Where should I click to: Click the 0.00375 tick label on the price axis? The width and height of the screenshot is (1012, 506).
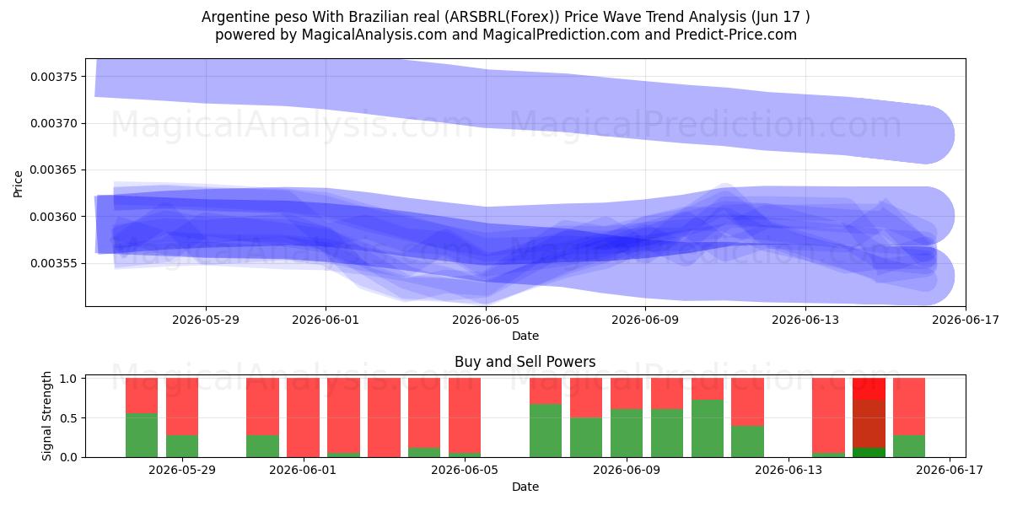54,77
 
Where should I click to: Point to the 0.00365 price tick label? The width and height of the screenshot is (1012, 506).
54,170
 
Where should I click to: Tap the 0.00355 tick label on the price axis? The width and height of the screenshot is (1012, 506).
54,263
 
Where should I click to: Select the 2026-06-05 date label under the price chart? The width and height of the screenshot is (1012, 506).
486,320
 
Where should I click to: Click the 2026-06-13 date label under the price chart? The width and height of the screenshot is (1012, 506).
805,320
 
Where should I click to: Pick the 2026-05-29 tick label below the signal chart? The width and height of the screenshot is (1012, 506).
182,471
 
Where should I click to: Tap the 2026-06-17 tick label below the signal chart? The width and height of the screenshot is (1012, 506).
950,471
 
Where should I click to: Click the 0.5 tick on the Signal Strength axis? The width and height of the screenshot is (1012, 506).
68,418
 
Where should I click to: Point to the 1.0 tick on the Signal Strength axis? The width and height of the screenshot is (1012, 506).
68,378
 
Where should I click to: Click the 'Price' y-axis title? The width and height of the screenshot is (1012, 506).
18,184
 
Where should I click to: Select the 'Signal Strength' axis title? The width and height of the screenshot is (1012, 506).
46,416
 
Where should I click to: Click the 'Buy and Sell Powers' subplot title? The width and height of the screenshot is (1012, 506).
525,362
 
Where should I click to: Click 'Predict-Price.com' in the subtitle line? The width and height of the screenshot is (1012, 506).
736,35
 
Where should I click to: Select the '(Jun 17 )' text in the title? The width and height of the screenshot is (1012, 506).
781,17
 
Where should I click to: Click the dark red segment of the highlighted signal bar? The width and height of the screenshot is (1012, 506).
869,423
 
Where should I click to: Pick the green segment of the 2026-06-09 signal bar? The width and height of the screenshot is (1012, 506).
627,433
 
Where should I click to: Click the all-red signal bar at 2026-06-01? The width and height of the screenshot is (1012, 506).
303,417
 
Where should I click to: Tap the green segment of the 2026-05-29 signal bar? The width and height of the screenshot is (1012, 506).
182,446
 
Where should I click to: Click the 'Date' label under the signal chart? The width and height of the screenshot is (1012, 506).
525,487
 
